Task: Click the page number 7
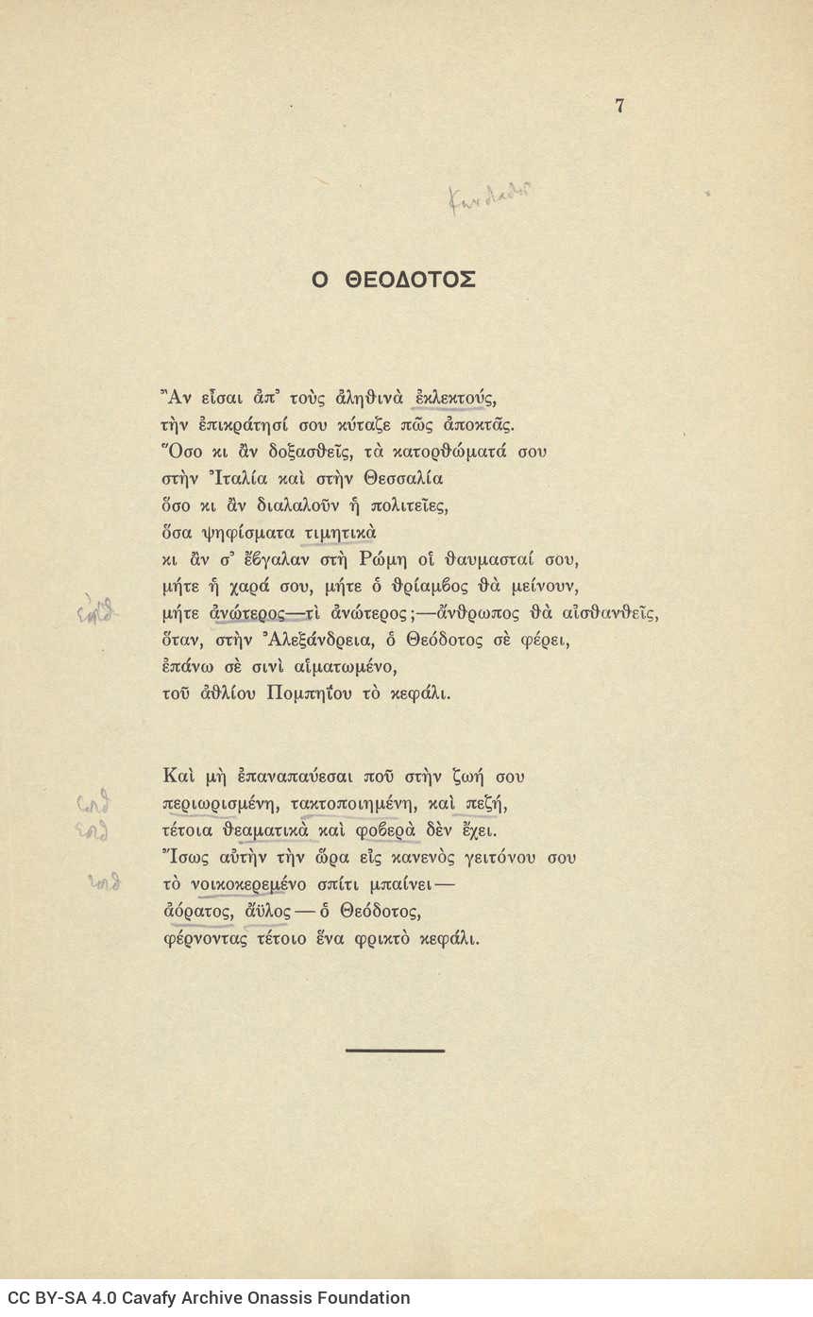pyautogui.click(x=619, y=106)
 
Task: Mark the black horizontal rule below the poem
pyautogui.click(x=395, y=1050)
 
